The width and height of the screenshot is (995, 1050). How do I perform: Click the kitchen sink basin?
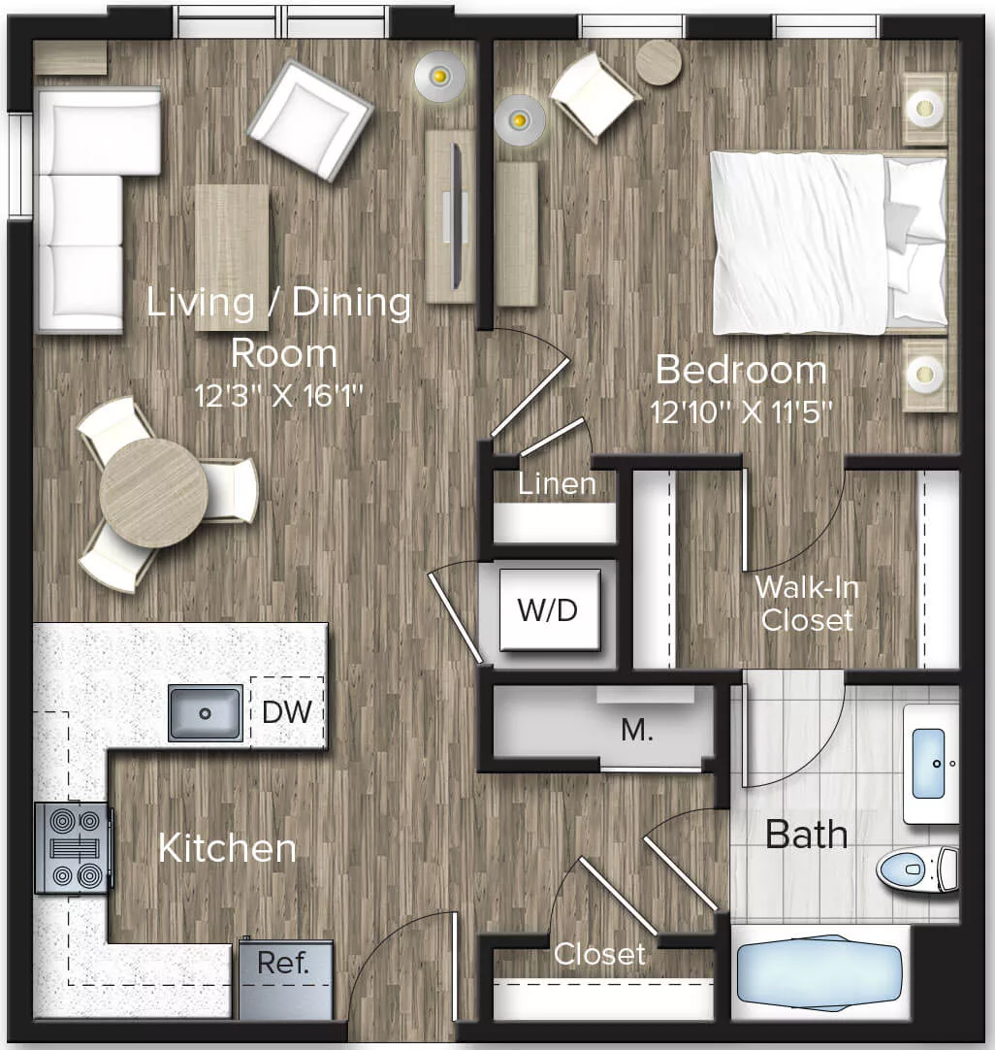tap(205, 713)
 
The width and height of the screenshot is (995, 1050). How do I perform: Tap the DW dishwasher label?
tap(287, 712)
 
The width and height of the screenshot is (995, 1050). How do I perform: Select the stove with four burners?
tap(73, 848)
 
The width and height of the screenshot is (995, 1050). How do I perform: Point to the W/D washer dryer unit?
tap(549, 610)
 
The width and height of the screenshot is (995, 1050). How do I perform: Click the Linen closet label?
tap(556, 483)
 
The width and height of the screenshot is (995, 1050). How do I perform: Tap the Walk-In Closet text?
tap(807, 603)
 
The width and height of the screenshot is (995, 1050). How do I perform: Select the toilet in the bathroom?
tap(915, 869)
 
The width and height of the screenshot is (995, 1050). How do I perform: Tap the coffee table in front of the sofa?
tap(232, 255)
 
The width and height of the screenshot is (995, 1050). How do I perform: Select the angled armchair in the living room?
tap(309, 119)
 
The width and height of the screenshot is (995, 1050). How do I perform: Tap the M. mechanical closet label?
tap(636, 731)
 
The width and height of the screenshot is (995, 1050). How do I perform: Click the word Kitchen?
tap(227, 848)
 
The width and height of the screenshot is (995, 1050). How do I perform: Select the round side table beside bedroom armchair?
tap(658, 61)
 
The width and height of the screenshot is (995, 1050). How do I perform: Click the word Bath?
tap(806, 834)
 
